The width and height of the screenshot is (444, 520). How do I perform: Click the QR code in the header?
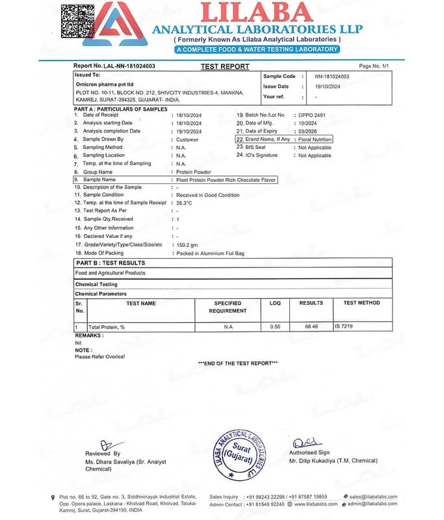click(x=81, y=21)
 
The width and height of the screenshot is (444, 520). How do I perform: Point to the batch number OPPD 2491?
click(x=312, y=115)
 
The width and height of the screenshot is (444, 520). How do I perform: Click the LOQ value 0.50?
click(x=275, y=326)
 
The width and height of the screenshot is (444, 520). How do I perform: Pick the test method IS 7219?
click(x=346, y=326)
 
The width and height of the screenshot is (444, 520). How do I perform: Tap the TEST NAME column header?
click(x=141, y=304)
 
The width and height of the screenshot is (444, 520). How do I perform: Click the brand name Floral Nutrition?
click(x=315, y=139)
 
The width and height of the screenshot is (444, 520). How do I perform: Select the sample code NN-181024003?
click(x=332, y=77)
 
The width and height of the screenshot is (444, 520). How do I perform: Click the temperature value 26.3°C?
click(x=185, y=203)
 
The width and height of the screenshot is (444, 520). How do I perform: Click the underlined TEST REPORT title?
click(x=225, y=66)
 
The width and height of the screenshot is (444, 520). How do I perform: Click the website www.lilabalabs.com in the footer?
click(x=316, y=504)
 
